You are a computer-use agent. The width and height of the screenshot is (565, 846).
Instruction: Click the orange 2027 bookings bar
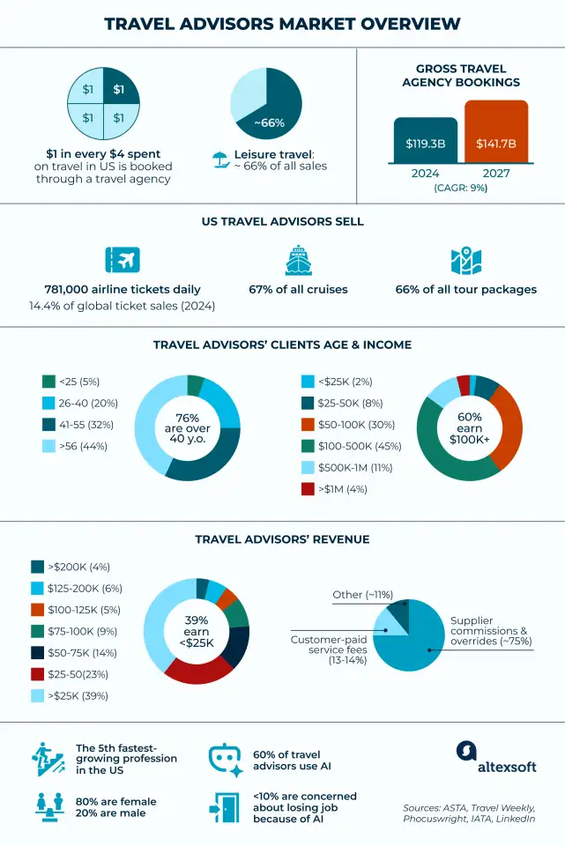coord(496,132)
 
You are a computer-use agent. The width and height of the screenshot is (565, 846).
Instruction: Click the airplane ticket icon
coord(123,261)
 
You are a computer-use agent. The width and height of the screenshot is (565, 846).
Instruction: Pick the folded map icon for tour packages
coord(465,261)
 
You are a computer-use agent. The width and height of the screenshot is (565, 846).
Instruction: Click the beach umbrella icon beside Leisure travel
coord(218,160)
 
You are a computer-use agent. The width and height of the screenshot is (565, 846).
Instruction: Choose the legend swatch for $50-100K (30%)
coord(309,424)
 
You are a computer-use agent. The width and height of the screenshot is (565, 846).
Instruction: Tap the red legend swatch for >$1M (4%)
coord(309,488)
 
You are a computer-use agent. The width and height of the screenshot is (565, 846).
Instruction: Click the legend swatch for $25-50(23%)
coord(38,674)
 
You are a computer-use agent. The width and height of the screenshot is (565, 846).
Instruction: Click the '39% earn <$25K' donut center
coord(197,631)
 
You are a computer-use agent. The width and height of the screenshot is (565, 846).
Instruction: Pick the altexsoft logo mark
coord(466,751)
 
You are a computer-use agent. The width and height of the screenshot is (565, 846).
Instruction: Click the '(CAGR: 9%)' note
coord(460,188)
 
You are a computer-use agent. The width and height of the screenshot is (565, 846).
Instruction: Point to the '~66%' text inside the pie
coord(269,122)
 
